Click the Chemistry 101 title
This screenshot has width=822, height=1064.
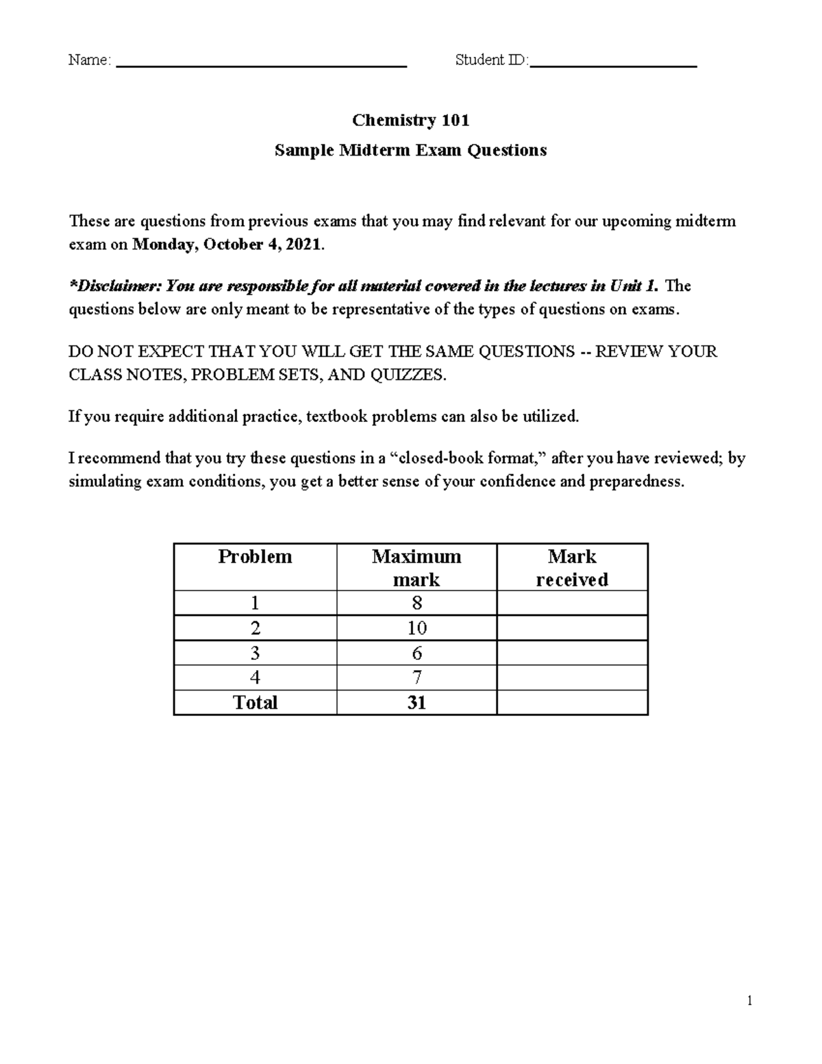coord(410,121)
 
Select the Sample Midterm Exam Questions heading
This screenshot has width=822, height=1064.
coord(410,150)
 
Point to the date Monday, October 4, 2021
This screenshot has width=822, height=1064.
coord(226,245)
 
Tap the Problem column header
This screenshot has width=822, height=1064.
coord(255,556)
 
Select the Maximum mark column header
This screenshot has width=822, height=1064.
coord(416,567)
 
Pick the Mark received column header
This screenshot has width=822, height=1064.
coord(572,567)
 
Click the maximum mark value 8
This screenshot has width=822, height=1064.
coord(416,603)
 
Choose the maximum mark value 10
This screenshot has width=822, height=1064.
coord(416,628)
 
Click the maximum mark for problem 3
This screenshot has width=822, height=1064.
coord(416,653)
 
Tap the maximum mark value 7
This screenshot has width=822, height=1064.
coord(416,678)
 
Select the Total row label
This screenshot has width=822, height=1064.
coord(255,702)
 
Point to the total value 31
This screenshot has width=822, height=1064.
coord(416,702)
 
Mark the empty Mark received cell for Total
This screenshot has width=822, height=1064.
coord(572,702)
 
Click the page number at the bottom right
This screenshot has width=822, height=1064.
coord(750,1001)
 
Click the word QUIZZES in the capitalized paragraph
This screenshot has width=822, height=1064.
coord(407,375)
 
